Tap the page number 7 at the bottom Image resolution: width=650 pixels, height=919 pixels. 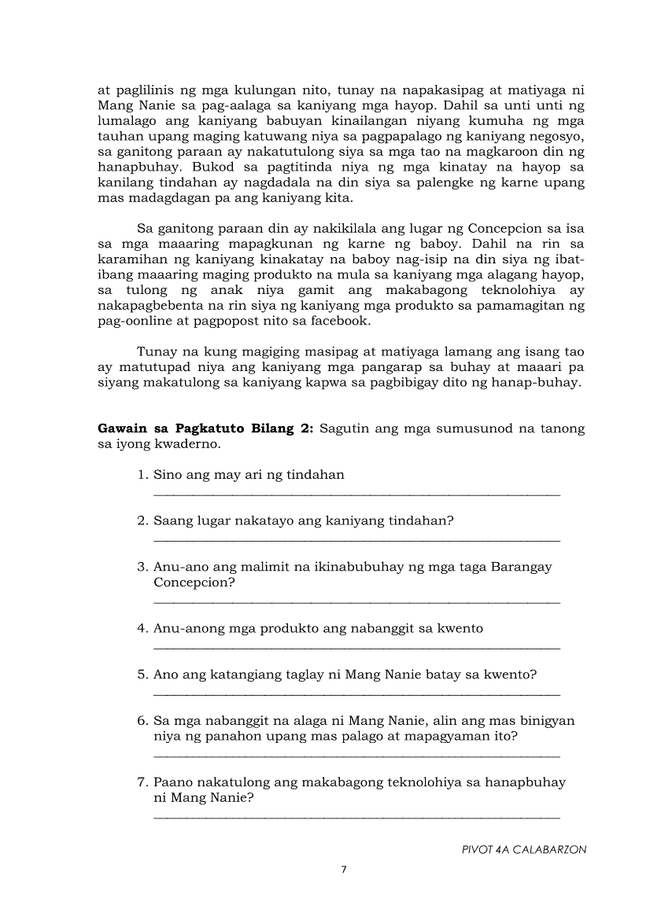tap(343, 869)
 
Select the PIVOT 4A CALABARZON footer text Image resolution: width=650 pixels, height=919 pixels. tap(524, 850)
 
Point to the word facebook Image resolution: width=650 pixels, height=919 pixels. tap(342, 322)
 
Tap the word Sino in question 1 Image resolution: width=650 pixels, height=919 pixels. tap(168, 475)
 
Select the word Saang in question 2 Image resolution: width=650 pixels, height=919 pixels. tap(172, 520)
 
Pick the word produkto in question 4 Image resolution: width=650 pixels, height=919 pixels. tap(286, 629)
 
